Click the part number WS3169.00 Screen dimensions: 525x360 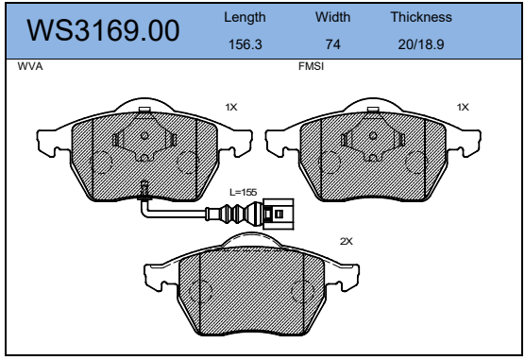[x=103, y=30]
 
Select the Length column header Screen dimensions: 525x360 [x=245, y=17]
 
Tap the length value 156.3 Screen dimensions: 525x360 [x=246, y=44]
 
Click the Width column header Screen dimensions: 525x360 [x=332, y=17]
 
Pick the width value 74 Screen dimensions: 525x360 [x=333, y=44]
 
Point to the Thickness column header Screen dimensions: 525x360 [x=421, y=17]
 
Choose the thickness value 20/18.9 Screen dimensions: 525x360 [x=421, y=44]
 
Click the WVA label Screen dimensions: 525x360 [x=30, y=66]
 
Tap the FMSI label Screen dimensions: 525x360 [x=311, y=66]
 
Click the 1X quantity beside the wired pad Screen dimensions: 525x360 [x=231, y=108]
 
